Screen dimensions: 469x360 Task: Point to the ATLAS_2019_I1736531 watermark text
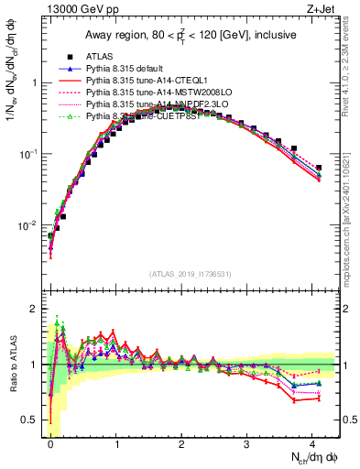[x=191, y=274]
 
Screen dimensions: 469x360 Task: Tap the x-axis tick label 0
[x=50, y=442]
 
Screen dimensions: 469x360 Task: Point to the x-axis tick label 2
[x=181, y=442]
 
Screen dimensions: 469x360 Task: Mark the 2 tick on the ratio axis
[x=37, y=309]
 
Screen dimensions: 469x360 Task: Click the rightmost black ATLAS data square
[x=319, y=168]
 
